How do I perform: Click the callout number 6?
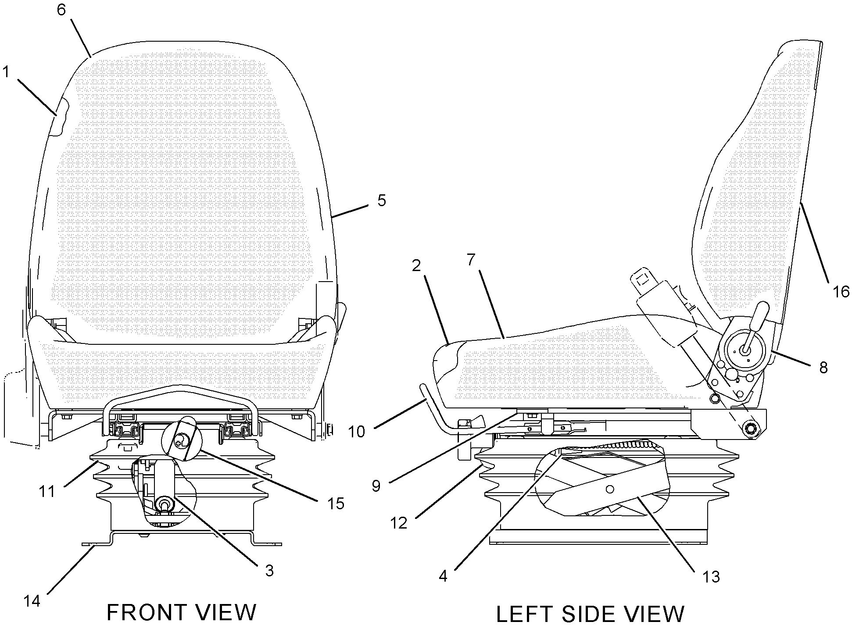pyautogui.click(x=61, y=10)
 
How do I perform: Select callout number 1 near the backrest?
pyautogui.click(x=6, y=71)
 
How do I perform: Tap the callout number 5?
pyautogui.click(x=382, y=200)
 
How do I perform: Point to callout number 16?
pyautogui.click(x=841, y=292)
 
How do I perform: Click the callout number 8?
pyautogui.click(x=823, y=368)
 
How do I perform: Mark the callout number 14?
pyautogui.click(x=32, y=601)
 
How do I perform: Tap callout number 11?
pyautogui.click(x=47, y=492)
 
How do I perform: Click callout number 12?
pyautogui.click(x=399, y=523)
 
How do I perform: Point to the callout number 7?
pyautogui.click(x=471, y=260)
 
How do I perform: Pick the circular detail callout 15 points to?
pyautogui.click(x=181, y=439)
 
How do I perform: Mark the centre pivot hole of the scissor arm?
pyautogui.click(x=609, y=489)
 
